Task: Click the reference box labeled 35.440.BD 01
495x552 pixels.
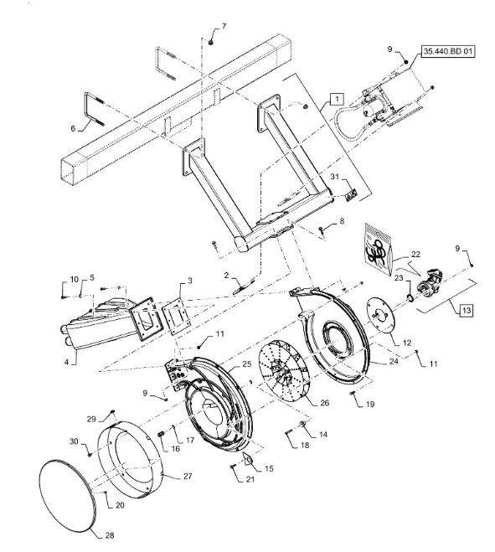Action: (x=448, y=52)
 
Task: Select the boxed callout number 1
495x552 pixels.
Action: (x=337, y=99)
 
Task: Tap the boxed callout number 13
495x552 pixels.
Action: (x=467, y=311)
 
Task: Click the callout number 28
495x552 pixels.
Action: (x=110, y=535)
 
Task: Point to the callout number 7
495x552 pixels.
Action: (x=224, y=27)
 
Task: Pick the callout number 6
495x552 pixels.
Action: (x=73, y=128)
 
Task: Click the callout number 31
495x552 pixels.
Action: (x=334, y=177)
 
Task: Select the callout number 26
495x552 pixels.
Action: (x=324, y=402)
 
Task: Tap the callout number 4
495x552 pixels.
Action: (x=66, y=362)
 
